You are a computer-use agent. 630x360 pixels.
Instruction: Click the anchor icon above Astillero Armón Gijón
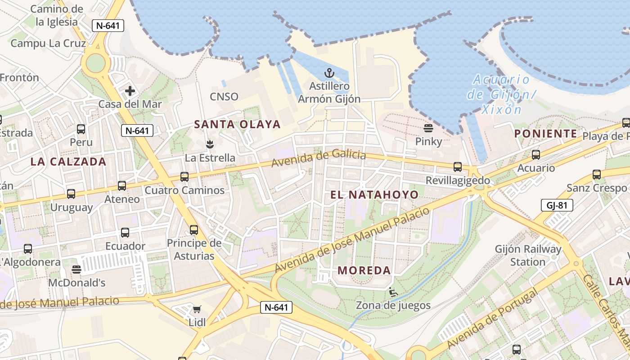point(329,73)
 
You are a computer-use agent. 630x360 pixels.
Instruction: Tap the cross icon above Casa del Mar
point(130,91)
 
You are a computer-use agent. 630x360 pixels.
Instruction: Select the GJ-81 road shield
point(557,206)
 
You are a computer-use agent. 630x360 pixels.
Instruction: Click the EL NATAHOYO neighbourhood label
point(374,195)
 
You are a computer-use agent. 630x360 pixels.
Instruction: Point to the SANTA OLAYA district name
point(237,125)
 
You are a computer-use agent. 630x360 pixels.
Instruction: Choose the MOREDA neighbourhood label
point(364,270)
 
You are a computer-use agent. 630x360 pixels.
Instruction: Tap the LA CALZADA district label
point(68,162)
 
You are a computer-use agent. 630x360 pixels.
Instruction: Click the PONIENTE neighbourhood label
point(546,134)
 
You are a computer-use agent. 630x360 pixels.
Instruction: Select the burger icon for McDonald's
point(76,269)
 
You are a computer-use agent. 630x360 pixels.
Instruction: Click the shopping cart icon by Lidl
point(197,309)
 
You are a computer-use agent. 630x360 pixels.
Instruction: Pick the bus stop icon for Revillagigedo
point(458,167)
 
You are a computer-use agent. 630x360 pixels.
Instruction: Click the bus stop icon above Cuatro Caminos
point(184,177)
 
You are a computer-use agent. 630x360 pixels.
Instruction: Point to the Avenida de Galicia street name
point(319,159)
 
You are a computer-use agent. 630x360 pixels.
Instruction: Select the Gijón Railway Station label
point(528,255)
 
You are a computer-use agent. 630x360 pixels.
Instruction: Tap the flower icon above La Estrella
point(209,144)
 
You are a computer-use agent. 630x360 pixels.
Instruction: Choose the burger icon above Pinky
point(428,128)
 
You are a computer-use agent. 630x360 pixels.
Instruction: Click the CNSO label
point(224,97)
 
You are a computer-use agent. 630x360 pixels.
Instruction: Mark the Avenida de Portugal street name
point(492,319)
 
